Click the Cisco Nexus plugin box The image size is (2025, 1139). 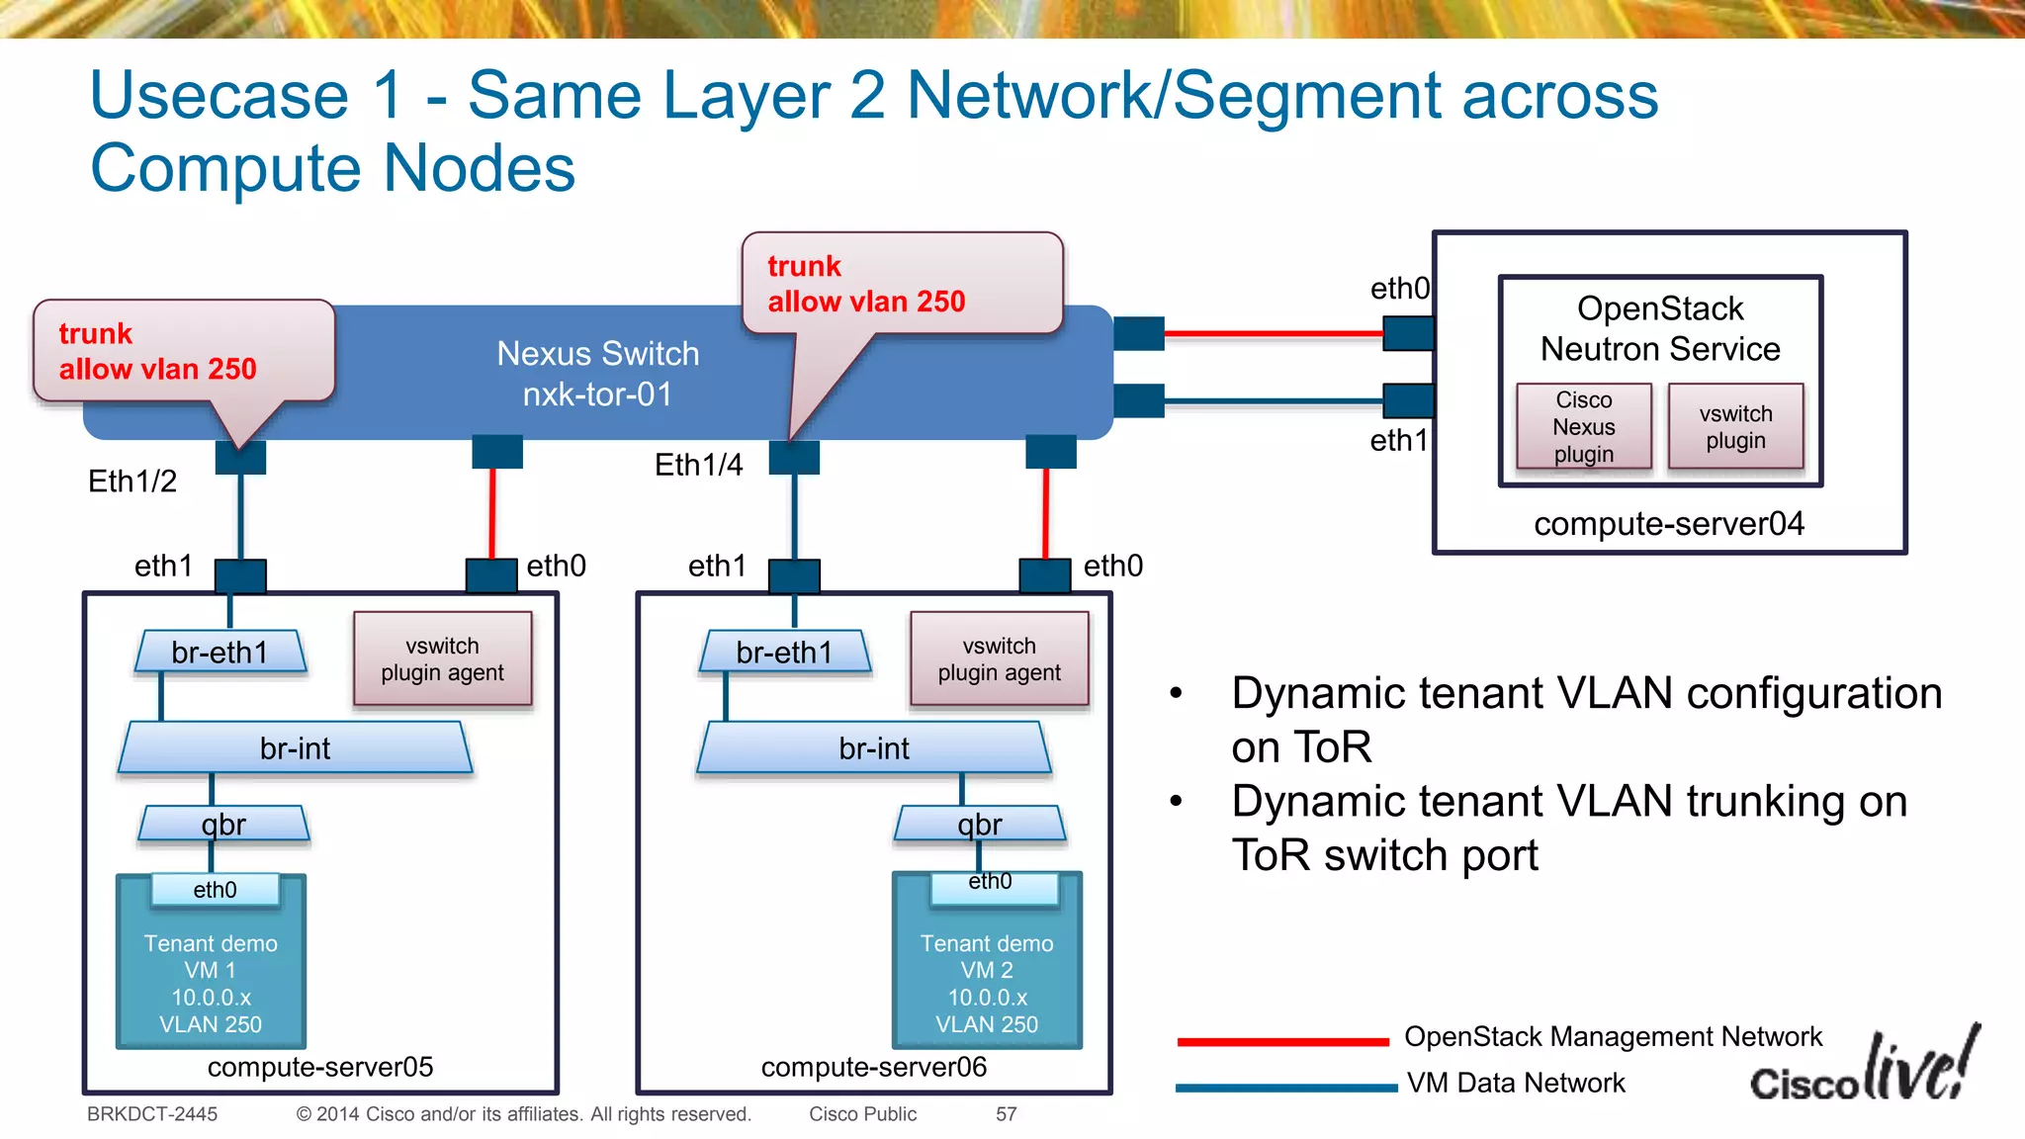pyautogui.click(x=1583, y=426)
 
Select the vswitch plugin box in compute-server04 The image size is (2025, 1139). pyautogui.click(x=1735, y=426)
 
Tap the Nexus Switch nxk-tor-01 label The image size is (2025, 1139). pyautogui.click(x=597, y=374)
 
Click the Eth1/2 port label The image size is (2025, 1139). pyautogui.click(x=132, y=482)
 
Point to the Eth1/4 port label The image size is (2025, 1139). pyautogui.click(x=698, y=465)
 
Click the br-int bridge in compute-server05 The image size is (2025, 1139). pyautogui.click(x=295, y=748)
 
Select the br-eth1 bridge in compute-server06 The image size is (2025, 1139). pyautogui.click(x=784, y=653)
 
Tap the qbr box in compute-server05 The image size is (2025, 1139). pyautogui.click(x=223, y=824)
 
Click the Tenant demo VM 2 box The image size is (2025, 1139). pyautogui.click(x=987, y=974)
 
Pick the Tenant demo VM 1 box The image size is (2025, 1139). pyautogui.click(x=211, y=974)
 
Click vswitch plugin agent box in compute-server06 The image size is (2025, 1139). pyautogui.click(x=999, y=658)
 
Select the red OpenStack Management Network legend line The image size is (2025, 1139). pyautogui.click(x=1282, y=1041)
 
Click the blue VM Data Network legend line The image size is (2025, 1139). pyautogui.click(x=1285, y=1088)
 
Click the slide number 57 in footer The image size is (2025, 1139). pyautogui.click(x=1006, y=1114)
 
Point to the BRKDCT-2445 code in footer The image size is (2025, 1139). pyautogui.click(x=152, y=1114)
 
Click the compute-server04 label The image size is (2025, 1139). pyautogui.click(x=1668, y=523)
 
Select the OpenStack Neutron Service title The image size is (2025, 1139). pyautogui.click(x=1660, y=328)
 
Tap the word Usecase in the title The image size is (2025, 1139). pyautogui.click(x=220, y=96)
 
